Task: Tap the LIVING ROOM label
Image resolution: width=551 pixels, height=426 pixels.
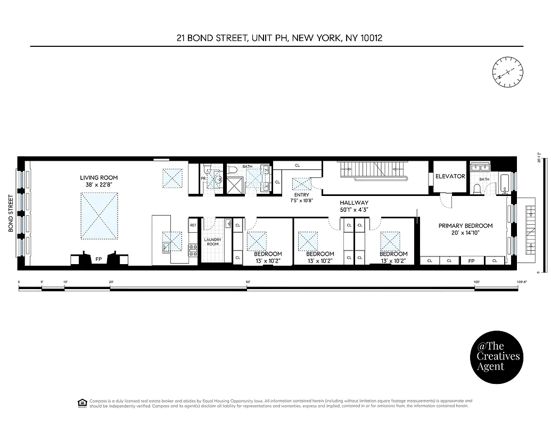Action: coord(98,178)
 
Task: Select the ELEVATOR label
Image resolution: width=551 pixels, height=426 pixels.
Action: coord(450,176)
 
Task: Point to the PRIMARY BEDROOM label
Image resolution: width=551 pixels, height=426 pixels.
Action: coord(465,226)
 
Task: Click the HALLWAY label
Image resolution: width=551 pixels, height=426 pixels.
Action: coord(354,203)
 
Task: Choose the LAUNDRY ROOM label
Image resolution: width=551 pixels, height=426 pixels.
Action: coord(213,242)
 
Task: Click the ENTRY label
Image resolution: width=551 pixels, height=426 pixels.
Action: coord(301,195)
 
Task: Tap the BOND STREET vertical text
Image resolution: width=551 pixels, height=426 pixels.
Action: coord(11,213)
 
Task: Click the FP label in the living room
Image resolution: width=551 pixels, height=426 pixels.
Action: coord(98,259)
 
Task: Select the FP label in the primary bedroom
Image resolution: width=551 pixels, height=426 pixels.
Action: coord(471,261)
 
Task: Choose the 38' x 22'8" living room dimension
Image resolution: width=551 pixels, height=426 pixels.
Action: coord(98,185)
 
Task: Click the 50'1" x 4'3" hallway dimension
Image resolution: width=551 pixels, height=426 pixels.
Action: coord(354,210)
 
